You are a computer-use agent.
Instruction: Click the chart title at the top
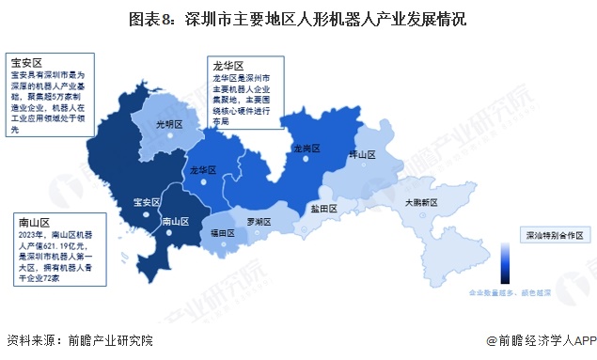[298, 18]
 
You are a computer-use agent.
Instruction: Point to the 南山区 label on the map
[177, 222]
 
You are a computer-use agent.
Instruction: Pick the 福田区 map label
[222, 230]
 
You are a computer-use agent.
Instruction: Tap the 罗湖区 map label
[259, 222]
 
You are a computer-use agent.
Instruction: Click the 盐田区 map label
[323, 210]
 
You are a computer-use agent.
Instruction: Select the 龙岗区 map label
[306, 149]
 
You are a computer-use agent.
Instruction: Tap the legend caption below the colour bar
[509, 292]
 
